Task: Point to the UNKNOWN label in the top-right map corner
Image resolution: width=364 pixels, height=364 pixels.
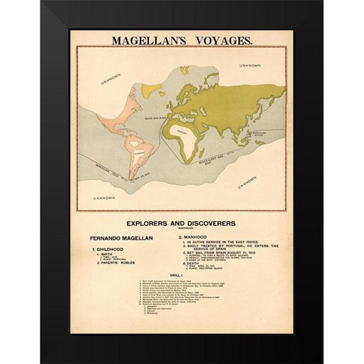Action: (x=250, y=66)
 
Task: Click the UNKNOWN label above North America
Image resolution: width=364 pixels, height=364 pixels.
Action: (x=112, y=80)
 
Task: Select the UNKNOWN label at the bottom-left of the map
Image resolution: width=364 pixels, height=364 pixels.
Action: (x=104, y=198)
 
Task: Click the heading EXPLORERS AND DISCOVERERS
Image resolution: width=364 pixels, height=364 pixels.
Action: (x=181, y=223)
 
